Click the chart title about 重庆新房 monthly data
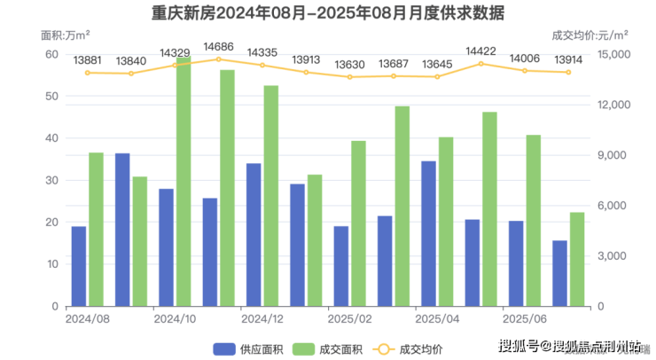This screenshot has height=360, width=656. (x=328, y=13)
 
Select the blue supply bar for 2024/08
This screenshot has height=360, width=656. (x=79, y=266)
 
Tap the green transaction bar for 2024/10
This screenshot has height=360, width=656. (x=184, y=182)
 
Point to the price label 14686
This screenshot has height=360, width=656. (x=218, y=46)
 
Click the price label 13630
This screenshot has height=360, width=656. (x=349, y=65)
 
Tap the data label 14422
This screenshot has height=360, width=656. (x=480, y=51)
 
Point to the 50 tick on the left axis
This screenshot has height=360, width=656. (x=51, y=97)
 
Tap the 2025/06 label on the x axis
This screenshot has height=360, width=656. (x=523, y=317)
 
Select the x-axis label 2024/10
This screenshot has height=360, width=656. (x=174, y=317)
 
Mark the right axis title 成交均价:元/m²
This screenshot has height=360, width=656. (x=590, y=35)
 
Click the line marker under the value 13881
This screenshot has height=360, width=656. (x=87, y=73)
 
